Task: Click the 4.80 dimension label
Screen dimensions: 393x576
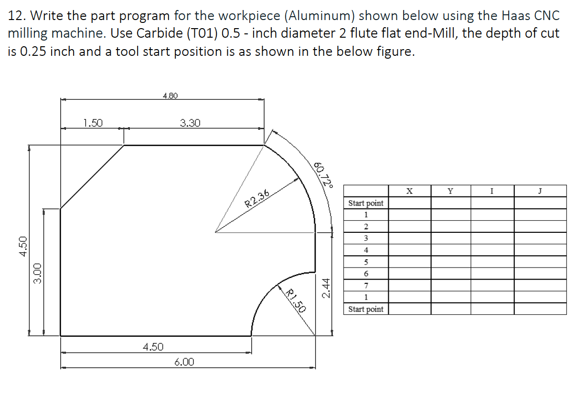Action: coord(170,96)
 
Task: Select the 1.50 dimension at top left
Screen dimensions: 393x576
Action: coord(93,123)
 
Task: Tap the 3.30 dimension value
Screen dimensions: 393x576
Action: coord(190,123)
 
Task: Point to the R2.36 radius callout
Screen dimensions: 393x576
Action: coord(257,197)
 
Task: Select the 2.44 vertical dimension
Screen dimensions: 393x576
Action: coord(327,289)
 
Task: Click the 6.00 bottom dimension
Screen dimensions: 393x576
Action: coord(184,362)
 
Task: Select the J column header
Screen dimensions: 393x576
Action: coord(540,191)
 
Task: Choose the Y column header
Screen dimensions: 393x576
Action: coord(450,191)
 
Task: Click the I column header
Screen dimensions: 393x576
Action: coord(492,191)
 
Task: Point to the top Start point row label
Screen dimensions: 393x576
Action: coord(366,203)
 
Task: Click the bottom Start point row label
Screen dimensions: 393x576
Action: coord(366,309)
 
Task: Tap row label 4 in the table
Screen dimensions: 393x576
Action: coord(366,250)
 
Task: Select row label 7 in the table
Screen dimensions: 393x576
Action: coord(366,286)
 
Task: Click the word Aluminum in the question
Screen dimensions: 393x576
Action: coord(320,16)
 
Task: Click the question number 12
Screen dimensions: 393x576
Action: coord(16,16)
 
